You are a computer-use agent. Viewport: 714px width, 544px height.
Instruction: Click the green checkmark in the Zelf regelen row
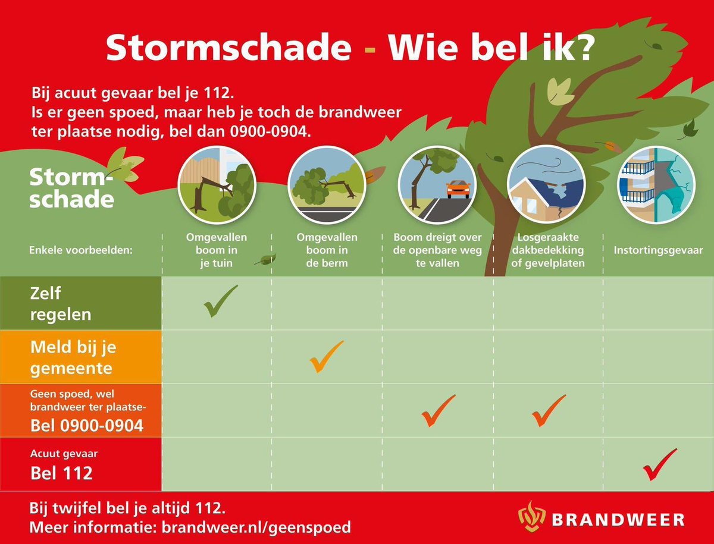[220, 301]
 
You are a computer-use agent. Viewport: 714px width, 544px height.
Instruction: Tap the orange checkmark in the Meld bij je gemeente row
[327, 356]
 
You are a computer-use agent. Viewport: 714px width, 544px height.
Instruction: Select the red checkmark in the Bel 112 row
[659, 464]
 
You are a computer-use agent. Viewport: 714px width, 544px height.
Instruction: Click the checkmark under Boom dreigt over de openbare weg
[438, 411]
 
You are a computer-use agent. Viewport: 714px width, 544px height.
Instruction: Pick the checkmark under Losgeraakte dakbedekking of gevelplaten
[548, 411]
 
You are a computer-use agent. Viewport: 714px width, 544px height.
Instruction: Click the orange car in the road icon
[458, 189]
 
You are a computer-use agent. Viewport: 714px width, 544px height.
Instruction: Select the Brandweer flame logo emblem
[531, 515]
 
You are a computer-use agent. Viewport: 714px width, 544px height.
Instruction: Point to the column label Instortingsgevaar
[658, 250]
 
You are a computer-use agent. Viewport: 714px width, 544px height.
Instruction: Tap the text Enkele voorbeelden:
[80, 250]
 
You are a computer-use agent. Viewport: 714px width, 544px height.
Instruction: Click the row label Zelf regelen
[61, 303]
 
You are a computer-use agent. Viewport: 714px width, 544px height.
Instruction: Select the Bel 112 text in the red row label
[62, 473]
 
